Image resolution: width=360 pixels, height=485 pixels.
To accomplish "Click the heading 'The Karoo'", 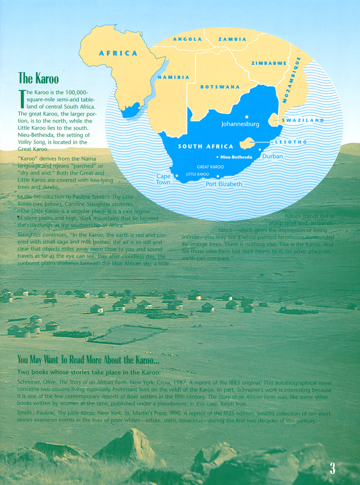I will point(38,78).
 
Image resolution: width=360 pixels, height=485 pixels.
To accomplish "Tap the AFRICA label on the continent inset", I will point(118,54).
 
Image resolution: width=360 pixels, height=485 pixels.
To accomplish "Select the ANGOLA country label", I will point(187,39).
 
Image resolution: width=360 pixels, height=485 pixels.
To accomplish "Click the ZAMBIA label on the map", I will point(232,39).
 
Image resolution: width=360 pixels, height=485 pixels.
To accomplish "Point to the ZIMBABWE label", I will point(269,63).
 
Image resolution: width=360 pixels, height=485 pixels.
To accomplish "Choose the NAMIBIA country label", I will point(173,77).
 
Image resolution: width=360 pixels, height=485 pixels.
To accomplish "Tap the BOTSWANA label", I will point(220,87).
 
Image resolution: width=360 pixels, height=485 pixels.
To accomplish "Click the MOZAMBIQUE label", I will point(292,80).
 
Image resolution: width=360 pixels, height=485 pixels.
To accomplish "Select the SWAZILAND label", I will point(303,120).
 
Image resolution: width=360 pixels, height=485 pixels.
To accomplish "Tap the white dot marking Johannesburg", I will point(246,117).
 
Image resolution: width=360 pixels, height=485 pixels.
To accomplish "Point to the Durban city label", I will point(272,156).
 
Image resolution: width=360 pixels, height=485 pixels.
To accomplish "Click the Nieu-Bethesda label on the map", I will point(236,157).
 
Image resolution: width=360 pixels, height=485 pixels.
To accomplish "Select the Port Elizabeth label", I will point(224,184).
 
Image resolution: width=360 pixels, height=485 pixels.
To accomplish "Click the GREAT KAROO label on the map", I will point(210,167).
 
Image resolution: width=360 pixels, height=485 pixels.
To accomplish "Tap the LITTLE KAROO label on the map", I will point(197,174).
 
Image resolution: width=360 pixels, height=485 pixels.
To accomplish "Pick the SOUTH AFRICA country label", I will point(206,146).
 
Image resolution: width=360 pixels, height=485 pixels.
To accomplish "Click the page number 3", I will point(333,468).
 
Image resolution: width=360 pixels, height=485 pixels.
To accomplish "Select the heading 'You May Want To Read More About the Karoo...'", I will point(88,359).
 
